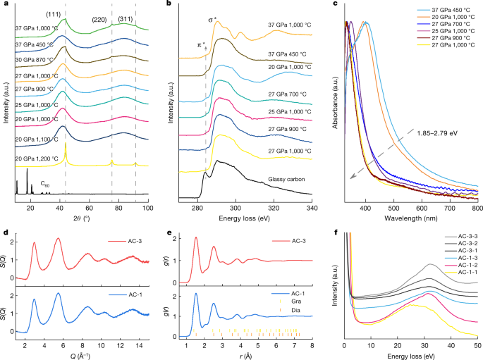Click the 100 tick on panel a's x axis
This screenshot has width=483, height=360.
tap(148, 199)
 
